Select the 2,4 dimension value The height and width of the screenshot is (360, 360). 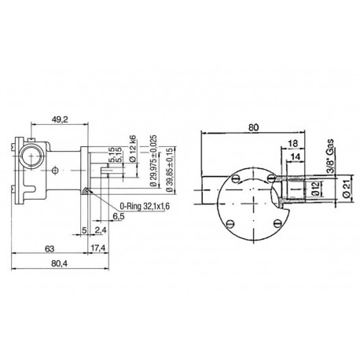click(x=101, y=231)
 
